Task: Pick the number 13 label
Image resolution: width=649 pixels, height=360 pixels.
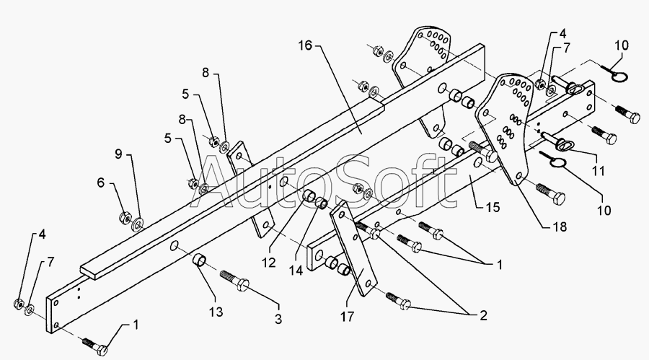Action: pyautogui.click(x=216, y=312)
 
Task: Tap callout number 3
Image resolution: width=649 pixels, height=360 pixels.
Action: pyautogui.click(x=276, y=318)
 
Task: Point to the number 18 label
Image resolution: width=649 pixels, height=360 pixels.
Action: pyautogui.click(x=559, y=226)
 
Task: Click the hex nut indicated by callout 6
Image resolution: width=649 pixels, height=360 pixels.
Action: pyautogui.click(x=123, y=215)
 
